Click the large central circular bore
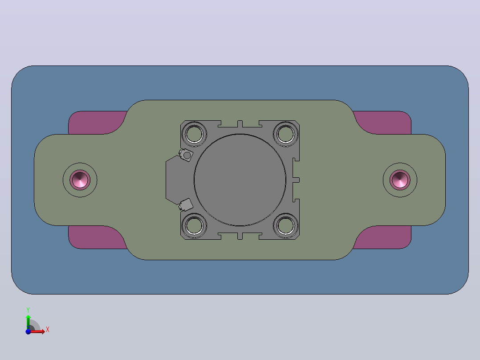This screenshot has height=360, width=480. click(x=240, y=180)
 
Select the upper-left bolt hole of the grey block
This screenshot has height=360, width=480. click(x=194, y=134)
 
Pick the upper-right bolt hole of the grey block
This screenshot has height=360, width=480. click(x=285, y=134)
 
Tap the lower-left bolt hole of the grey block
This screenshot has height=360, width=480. click(x=194, y=226)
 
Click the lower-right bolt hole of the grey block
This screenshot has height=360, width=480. click(x=285, y=226)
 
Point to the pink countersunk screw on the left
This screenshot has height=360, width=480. click(x=80, y=180)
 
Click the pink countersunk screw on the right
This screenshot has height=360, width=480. click(x=400, y=180)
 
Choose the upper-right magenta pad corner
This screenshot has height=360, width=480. click(x=386, y=123)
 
